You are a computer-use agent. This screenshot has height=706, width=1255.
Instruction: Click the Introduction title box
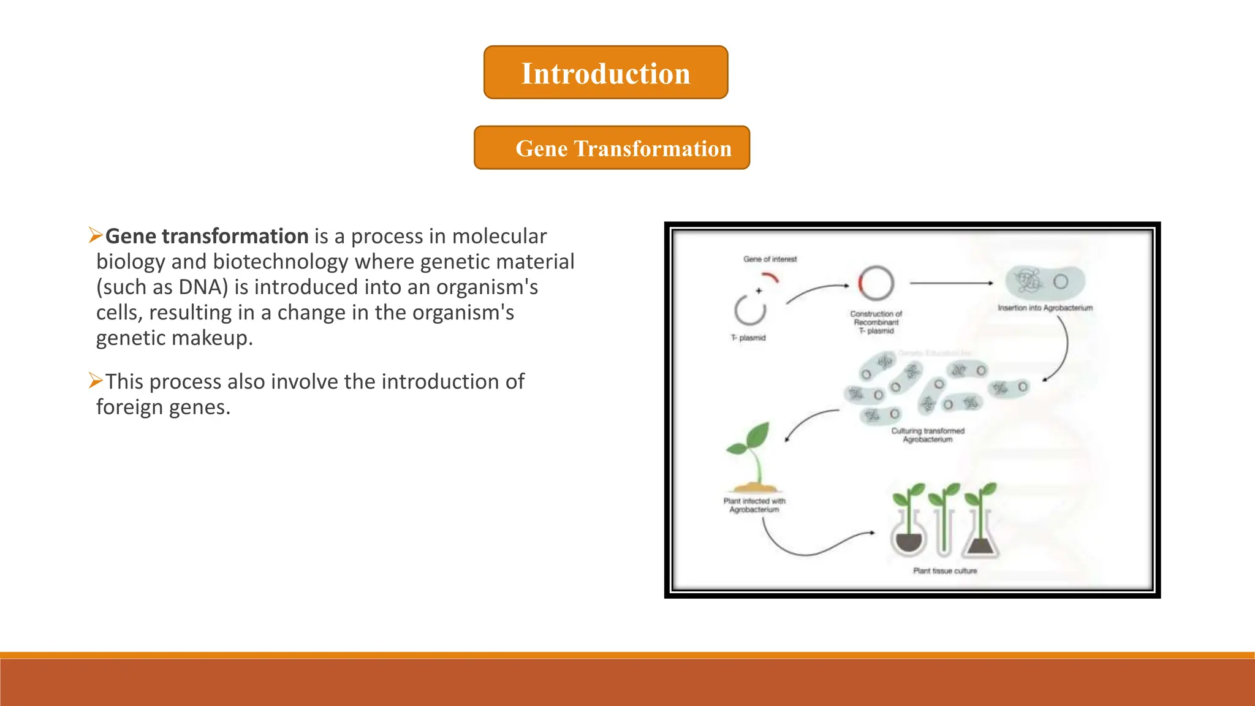tap(605, 72)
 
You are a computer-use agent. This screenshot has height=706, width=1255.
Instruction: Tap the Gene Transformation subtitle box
tap(612, 148)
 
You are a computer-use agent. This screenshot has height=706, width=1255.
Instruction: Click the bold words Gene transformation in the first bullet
tap(207, 236)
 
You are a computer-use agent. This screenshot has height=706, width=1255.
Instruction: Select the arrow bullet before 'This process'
tap(95, 381)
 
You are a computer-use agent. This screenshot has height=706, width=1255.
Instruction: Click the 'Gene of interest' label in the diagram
tap(770, 259)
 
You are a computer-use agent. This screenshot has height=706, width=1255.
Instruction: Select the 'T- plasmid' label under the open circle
tap(748, 338)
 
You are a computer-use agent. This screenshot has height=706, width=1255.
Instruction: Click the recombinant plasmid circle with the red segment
tap(876, 283)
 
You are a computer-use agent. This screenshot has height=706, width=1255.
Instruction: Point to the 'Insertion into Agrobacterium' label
tap(1045, 308)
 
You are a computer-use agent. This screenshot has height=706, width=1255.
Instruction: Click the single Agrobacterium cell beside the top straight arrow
tap(1045, 282)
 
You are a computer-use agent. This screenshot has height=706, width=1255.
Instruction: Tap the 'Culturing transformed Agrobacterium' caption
tap(927, 435)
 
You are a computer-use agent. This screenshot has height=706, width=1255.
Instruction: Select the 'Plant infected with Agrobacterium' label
tap(754, 505)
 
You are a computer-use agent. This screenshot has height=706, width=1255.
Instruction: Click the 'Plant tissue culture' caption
tap(945, 571)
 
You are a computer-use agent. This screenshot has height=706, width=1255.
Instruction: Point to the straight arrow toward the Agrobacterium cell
tap(951, 283)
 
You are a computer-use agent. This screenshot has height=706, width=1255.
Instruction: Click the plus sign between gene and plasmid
tap(759, 291)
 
